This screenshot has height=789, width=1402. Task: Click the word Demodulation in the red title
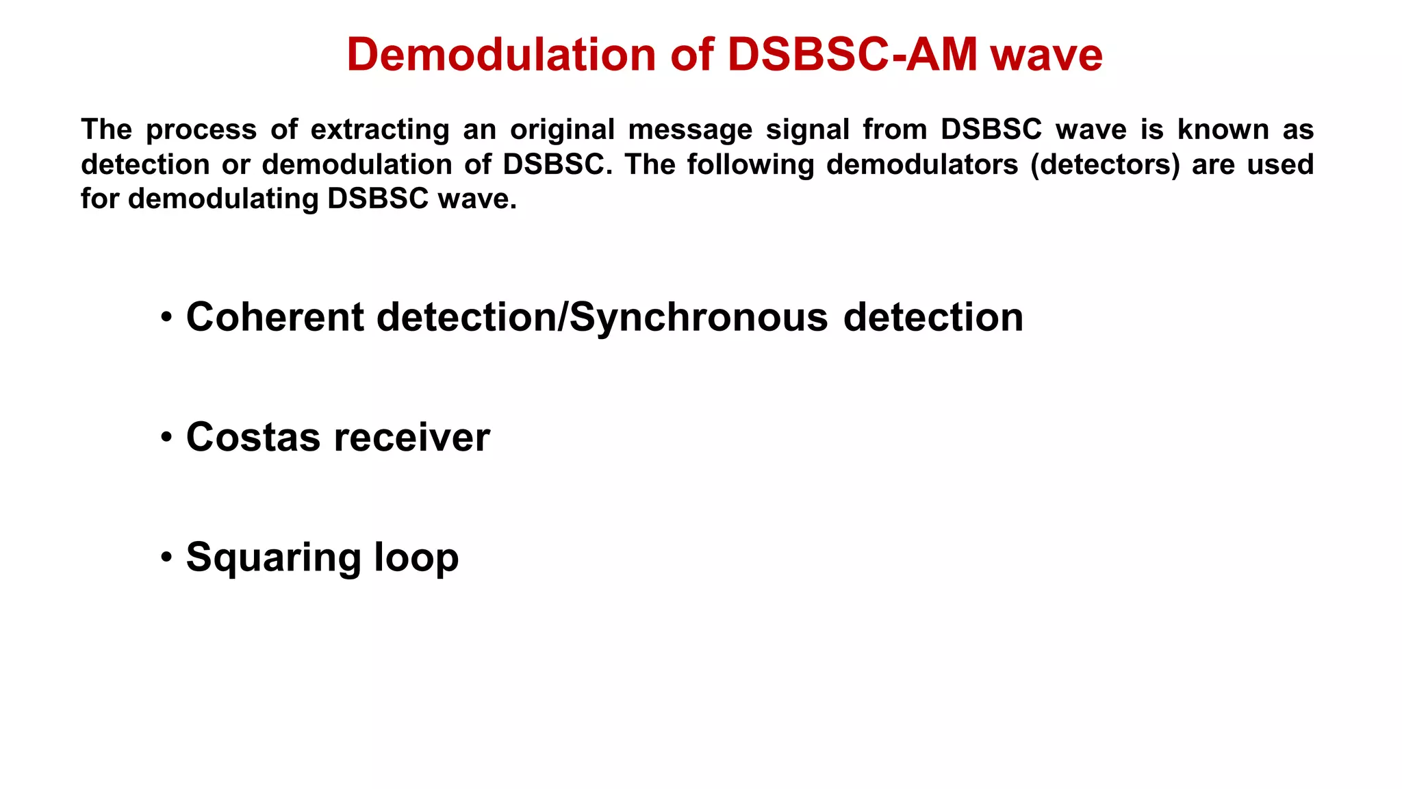pyautogui.click(x=500, y=55)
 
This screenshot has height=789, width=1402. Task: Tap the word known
pyautogui.click(x=1223, y=130)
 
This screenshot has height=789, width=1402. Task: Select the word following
pyautogui.click(x=750, y=165)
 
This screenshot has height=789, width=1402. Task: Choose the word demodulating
pyautogui.click(x=223, y=199)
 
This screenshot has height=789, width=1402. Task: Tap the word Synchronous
pyautogui.click(x=698, y=318)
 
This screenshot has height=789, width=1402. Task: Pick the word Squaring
pyautogui.click(x=272, y=558)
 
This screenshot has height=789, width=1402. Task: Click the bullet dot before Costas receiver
pyautogui.click(x=166, y=437)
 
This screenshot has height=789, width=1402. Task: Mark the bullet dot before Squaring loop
pyautogui.click(x=166, y=557)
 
